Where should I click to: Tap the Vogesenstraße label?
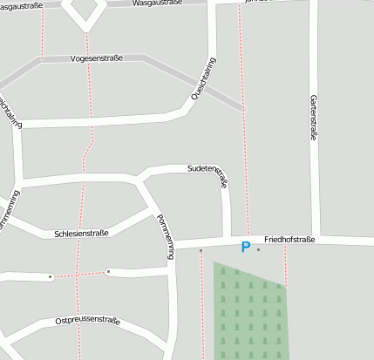click(x=96, y=58)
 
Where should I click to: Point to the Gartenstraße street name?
click(x=311, y=118)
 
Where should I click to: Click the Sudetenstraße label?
click(x=207, y=175)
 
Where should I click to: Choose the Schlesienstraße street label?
click(x=81, y=234)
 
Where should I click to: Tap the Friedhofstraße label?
click(x=289, y=239)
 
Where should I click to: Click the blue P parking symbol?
click(x=245, y=248)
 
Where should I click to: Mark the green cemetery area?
click(x=251, y=314)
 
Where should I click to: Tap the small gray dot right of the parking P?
click(x=259, y=249)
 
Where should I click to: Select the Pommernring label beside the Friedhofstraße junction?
click(x=166, y=238)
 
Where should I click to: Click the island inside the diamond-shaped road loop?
click(x=86, y=9)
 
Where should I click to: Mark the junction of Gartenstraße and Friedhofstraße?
click(x=316, y=239)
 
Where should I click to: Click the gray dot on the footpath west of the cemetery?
click(x=201, y=251)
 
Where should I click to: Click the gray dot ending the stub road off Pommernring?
click(x=108, y=272)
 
